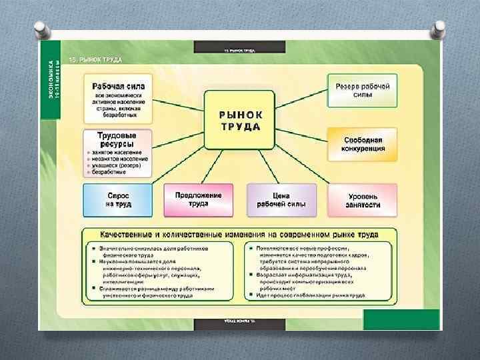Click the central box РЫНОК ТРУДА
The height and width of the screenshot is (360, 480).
pyautogui.click(x=240, y=120)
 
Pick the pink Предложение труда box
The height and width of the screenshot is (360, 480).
pyautogui.click(x=198, y=200)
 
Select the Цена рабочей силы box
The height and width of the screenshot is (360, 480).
pyautogui.click(x=281, y=201)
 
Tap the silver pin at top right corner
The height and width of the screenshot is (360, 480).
pyautogui.click(x=439, y=29)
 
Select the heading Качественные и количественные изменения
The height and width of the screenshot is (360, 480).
pyautogui.click(x=239, y=235)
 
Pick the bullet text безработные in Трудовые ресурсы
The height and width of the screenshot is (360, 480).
pyautogui.click(x=109, y=172)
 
